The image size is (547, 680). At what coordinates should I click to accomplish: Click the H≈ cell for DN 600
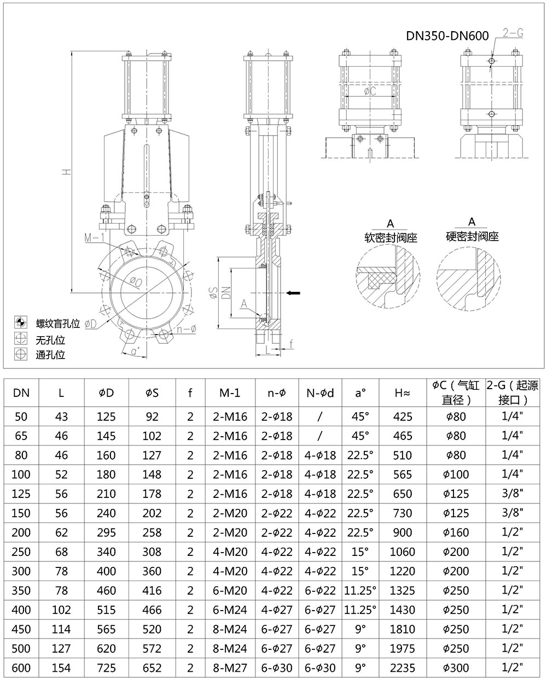coord(402,667)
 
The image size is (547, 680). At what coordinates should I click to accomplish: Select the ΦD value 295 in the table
coord(106,532)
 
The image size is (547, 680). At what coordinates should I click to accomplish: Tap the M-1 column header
coord(230,393)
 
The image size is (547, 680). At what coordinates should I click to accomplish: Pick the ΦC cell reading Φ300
coord(456,667)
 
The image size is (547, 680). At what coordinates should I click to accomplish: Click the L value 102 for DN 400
coord(61,609)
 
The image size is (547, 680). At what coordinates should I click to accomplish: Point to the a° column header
coord(360,393)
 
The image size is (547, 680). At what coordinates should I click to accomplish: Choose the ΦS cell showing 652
coord(152,667)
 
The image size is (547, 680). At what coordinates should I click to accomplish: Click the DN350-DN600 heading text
coord(447,36)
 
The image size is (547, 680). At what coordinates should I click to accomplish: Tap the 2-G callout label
coord(513,33)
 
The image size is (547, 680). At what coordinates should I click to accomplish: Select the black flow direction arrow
coord(293,293)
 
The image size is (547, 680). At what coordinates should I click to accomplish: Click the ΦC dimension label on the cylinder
coord(370,91)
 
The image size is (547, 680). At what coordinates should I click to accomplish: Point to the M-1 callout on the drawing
coord(94,238)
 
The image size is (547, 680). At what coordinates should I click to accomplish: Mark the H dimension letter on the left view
coord(66,172)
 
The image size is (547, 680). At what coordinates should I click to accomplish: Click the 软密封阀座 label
coord(391,238)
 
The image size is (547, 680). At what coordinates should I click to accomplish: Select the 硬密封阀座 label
coord(472,236)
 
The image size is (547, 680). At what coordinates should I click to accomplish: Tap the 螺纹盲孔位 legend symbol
coord(21,322)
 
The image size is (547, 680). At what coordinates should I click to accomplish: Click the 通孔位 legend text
coord(50,355)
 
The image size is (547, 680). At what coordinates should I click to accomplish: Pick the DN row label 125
coord(21,494)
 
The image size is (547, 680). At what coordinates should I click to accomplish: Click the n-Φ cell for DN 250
coord(277,552)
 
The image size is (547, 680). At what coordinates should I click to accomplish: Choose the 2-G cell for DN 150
coord(513,513)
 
